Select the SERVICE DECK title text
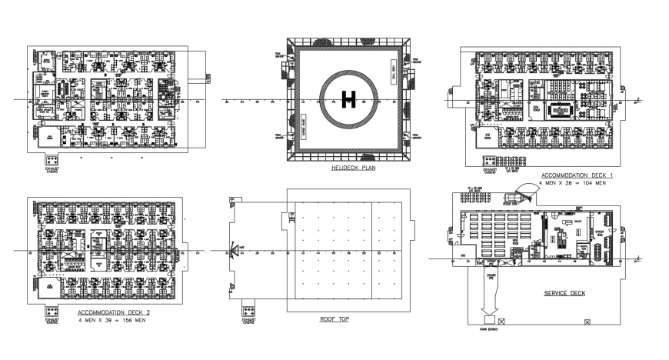(x=565, y=293)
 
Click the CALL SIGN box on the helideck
(x=391, y=78)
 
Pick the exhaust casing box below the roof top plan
(x=250, y=312)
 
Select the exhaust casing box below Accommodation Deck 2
(x=51, y=312)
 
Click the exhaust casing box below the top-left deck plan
(x=52, y=160)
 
